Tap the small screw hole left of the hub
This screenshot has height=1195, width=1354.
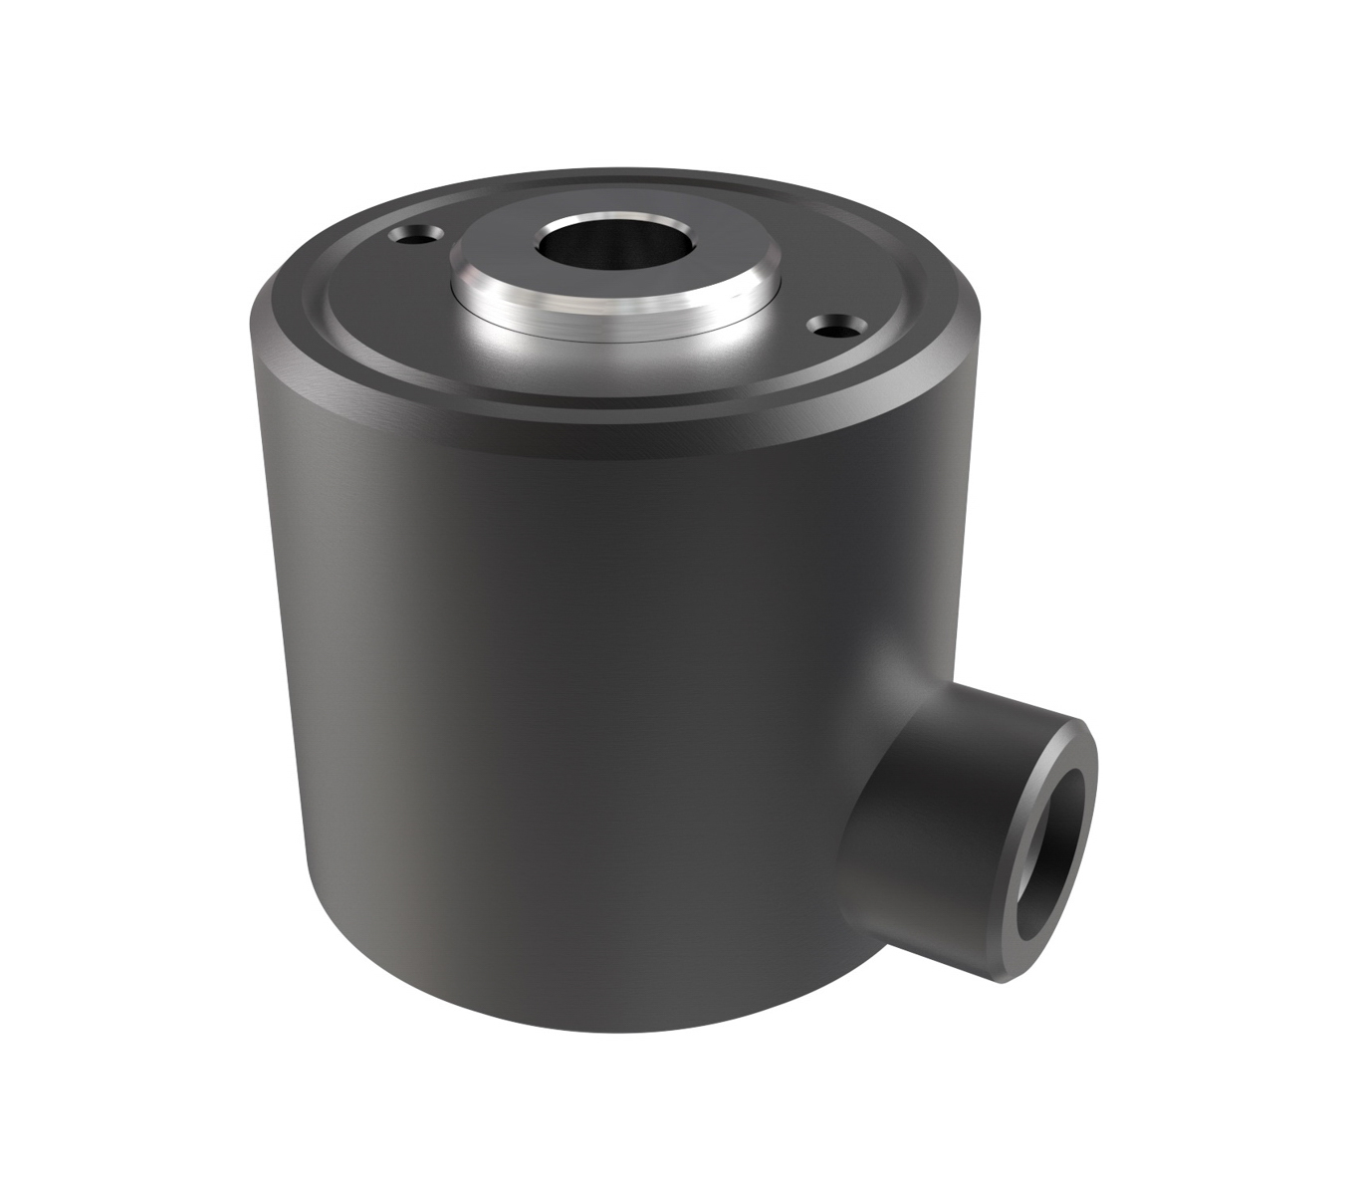[x=411, y=236]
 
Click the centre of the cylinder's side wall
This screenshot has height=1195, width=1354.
[x=558, y=697]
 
